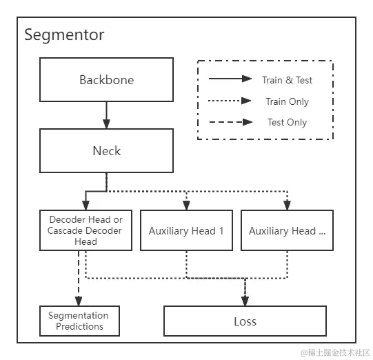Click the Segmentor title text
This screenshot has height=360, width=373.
coord(64,35)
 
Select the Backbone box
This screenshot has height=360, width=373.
coord(106,79)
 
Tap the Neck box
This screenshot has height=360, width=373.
coord(106,150)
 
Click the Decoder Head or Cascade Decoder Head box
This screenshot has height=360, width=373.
coord(85,230)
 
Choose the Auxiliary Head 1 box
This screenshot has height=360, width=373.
coord(186,230)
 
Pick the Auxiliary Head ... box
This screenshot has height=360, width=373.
coord(287,230)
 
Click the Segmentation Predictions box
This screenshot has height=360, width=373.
coord(79,321)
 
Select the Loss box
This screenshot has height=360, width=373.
coord(245,321)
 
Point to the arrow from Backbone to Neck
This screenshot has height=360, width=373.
coord(106,114)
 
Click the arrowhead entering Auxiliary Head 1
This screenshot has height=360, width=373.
coord(186,205)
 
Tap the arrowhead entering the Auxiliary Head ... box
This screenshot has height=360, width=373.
coord(287,205)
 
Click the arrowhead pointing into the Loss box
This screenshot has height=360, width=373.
coord(245,301)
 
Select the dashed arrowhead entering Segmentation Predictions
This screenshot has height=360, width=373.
coord(79,301)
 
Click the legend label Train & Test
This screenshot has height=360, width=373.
coord(287,80)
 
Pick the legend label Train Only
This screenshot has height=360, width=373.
coord(287,101)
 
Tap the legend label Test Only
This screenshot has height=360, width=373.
coord(287,122)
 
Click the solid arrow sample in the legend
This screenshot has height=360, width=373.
coord(230,79)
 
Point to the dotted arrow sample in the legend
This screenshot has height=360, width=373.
coord(230,101)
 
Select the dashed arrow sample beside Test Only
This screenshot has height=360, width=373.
coord(230,122)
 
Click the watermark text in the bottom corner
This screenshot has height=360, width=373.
coord(334,352)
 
